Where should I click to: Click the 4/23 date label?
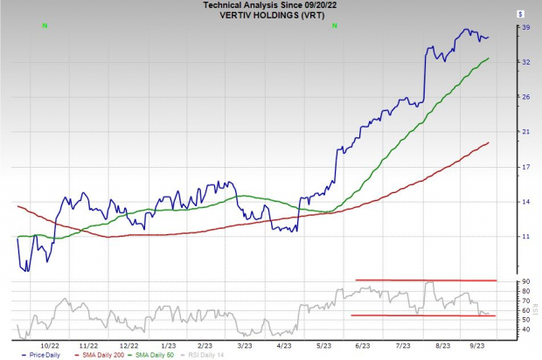pyautogui.click(x=283, y=344)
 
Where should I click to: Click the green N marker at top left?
pyautogui.click(x=45, y=25)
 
